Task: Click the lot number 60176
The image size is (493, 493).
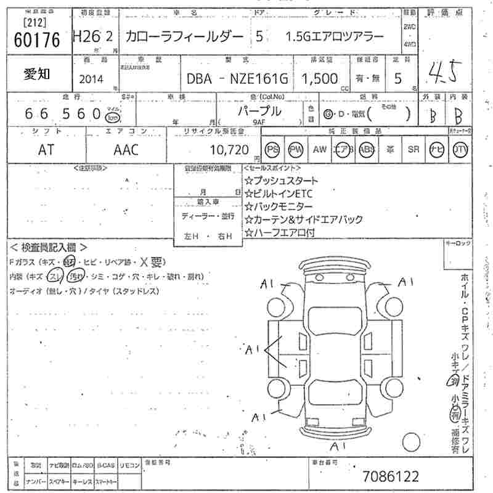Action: pyautogui.click(x=36, y=40)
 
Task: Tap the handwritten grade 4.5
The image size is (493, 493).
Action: pyautogui.click(x=444, y=73)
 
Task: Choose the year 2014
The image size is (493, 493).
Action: pyautogui.click(x=92, y=79)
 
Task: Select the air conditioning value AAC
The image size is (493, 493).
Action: pyautogui.click(x=126, y=149)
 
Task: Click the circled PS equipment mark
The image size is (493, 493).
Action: pyautogui.click(x=273, y=149)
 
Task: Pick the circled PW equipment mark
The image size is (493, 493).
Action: pyautogui.click(x=296, y=149)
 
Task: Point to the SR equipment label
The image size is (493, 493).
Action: pyautogui.click(x=413, y=149)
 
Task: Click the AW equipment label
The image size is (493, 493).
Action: pyautogui.click(x=319, y=149)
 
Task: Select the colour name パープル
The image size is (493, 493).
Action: pyautogui.click(x=259, y=111)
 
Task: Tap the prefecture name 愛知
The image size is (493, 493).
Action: pyautogui.click(x=38, y=75)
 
